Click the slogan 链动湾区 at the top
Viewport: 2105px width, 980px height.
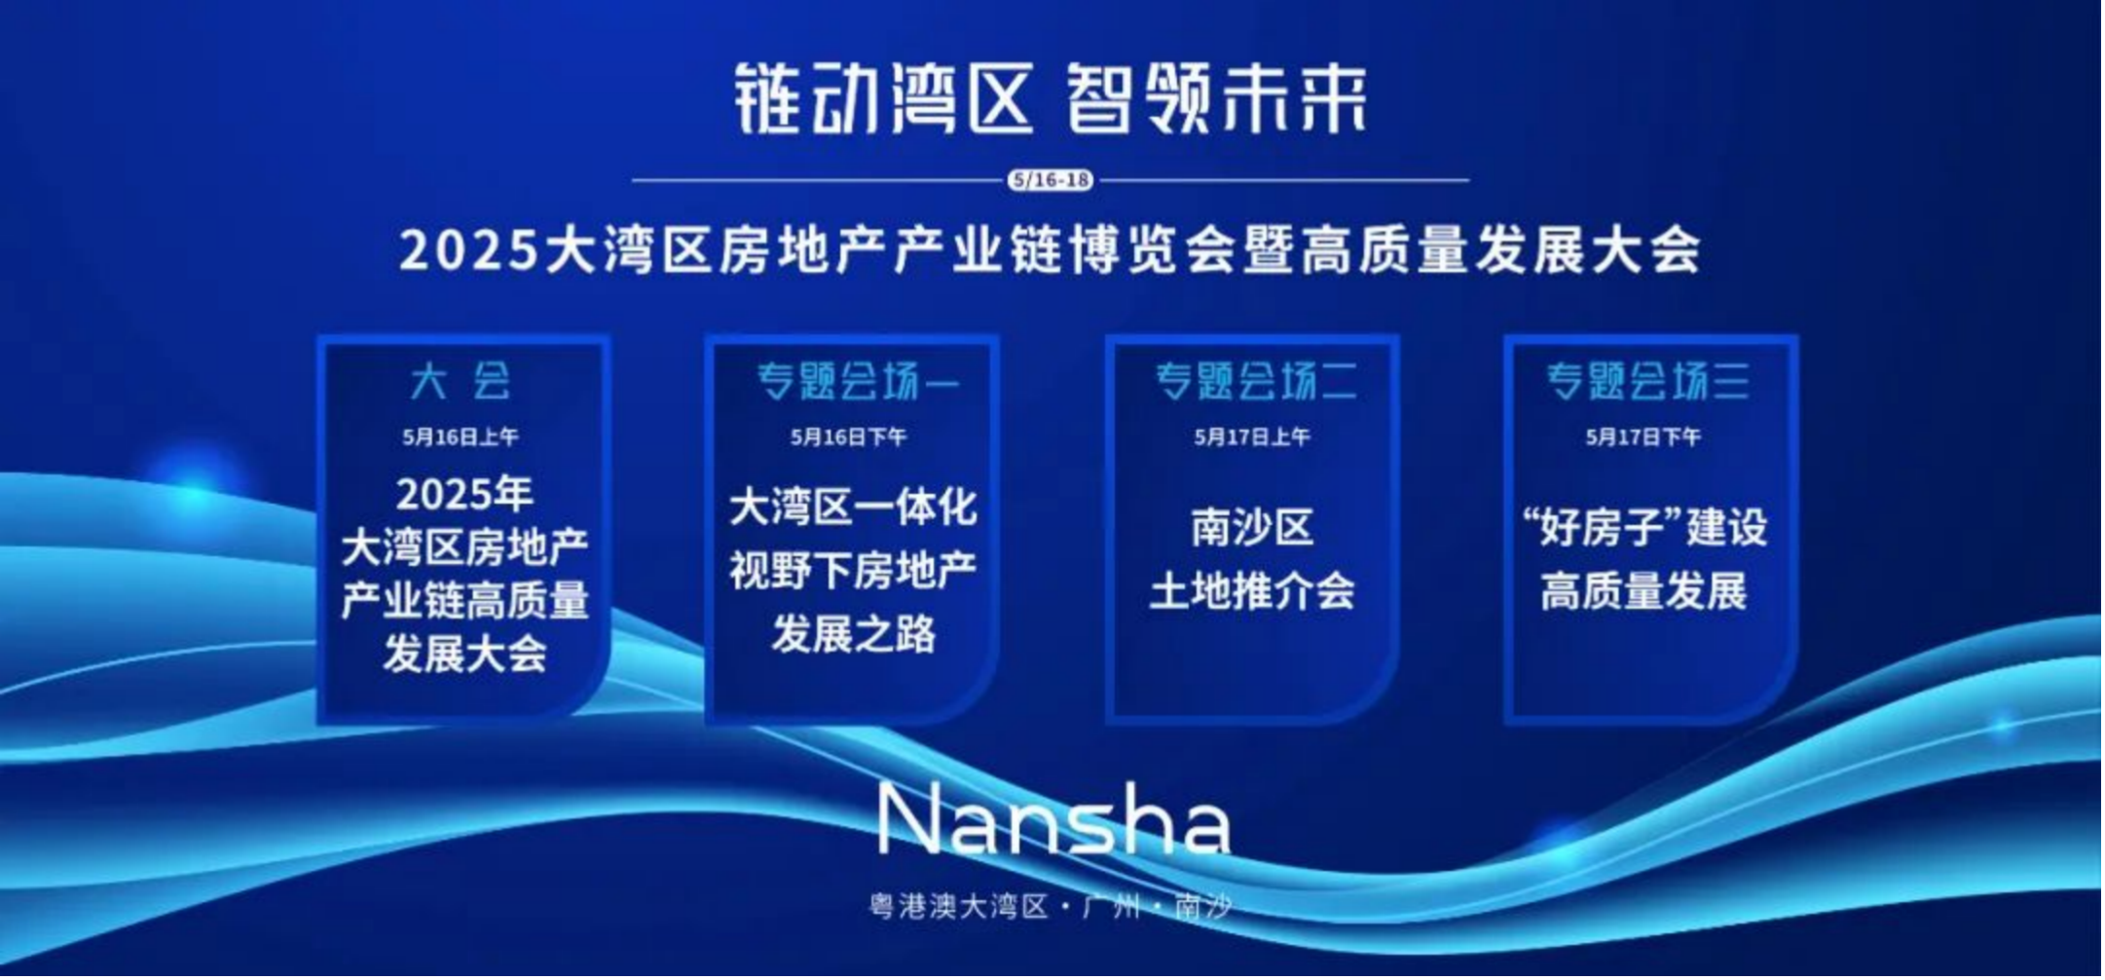coord(882,98)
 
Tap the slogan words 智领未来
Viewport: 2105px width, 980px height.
coord(1217,98)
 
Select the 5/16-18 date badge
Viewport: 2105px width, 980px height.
coord(1052,180)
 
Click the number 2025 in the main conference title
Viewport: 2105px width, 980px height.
coord(469,250)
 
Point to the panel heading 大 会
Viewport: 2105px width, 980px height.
coord(462,381)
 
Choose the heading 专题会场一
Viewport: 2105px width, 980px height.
coord(859,381)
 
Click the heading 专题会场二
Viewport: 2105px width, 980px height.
coord(1257,381)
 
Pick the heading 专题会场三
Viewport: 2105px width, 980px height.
coord(1648,381)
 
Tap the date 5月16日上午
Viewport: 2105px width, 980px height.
coord(462,437)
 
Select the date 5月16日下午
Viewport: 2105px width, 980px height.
coord(850,437)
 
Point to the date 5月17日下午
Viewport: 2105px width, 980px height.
coord(1644,437)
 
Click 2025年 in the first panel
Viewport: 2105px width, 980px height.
coord(465,495)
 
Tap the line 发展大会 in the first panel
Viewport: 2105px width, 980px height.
coord(465,654)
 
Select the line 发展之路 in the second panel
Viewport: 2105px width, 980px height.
coord(854,634)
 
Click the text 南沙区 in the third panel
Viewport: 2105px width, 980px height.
coord(1253,528)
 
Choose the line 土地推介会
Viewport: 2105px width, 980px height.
coord(1253,591)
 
